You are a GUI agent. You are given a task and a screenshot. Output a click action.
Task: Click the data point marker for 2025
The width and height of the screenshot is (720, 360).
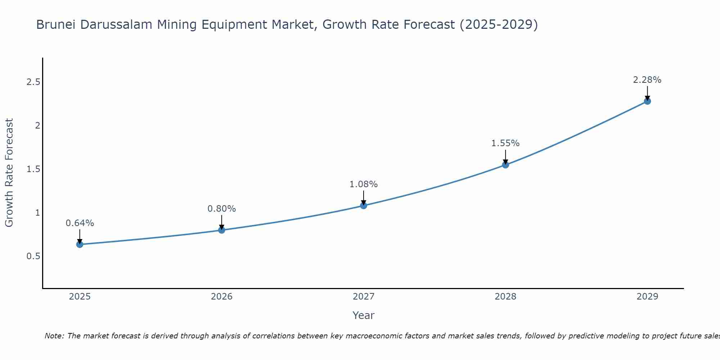tap(80, 244)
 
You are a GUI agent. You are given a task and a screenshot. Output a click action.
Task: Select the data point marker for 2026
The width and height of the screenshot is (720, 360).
tap(221, 230)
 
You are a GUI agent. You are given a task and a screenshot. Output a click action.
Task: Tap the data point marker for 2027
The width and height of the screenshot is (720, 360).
tap(364, 206)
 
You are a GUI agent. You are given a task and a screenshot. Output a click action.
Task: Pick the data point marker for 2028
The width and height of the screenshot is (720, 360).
tap(505, 165)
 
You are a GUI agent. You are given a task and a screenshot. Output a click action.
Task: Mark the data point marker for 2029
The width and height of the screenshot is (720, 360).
tap(647, 101)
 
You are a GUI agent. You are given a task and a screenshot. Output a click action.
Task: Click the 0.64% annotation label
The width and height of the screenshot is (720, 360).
tap(80, 223)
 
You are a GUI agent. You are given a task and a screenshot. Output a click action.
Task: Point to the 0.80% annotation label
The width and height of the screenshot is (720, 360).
tap(221, 209)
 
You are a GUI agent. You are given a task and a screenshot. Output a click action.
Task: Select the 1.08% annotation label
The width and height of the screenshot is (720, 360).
tap(364, 184)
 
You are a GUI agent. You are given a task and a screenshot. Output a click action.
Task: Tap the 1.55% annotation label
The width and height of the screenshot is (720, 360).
tap(505, 143)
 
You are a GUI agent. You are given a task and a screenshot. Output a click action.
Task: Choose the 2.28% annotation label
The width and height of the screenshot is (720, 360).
tap(647, 80)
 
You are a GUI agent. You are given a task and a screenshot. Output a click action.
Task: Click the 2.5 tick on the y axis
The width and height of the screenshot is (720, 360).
tap(33, 82)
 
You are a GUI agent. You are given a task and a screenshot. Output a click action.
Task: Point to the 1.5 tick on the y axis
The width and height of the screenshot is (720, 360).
tap(33, 169)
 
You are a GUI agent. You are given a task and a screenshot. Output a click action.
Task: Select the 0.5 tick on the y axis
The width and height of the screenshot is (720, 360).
tap(33, 256)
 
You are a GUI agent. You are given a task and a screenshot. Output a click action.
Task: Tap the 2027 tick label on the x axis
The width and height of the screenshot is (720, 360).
tap(364, 297)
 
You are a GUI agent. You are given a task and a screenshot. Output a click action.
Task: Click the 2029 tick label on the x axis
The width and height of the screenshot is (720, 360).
tap(647, 297)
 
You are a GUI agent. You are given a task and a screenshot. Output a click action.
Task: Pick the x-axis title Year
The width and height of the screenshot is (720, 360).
tap(364, 315)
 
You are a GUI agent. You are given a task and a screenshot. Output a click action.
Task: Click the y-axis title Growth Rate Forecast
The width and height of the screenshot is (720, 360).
tap(9, 173)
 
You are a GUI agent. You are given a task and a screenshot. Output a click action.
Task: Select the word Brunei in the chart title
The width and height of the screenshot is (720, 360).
tap(56, 25)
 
